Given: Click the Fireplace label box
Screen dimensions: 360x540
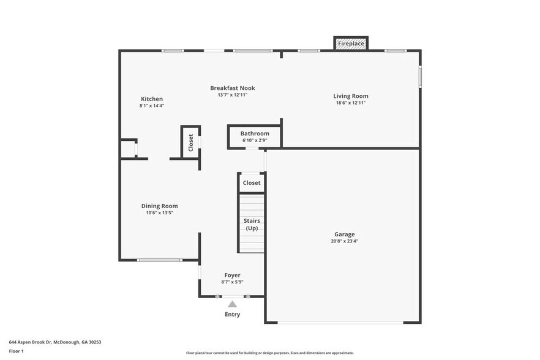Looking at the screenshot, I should click(x=351, y=43).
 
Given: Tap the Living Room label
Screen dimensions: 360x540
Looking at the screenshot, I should click(x=351, y=96).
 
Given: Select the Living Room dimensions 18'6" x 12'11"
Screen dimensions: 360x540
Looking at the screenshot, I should click(x=351, y=103).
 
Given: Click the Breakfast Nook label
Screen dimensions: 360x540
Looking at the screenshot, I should click(x=232, y=88).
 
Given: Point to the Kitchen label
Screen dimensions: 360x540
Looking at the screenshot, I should click(x=152, y=99).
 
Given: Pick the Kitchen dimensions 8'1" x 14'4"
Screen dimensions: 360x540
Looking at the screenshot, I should click(x=152, y=106).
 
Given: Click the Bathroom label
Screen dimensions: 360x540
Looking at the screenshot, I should click(x=255, y=133).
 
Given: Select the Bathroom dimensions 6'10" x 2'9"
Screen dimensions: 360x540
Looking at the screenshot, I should click(x=255, y=140).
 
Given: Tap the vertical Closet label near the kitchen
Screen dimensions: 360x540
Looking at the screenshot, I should click(x=190, y=143).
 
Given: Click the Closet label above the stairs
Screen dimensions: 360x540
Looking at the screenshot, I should click(x=252, y=182).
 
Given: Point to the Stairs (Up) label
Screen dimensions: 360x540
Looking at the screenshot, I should click(x=252, y=224).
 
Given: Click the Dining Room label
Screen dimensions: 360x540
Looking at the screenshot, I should click(x=159, y=206).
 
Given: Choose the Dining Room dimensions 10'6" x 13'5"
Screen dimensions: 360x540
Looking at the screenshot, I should click(x=159, y=213).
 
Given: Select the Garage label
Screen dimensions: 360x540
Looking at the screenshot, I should click(x=344, y=234).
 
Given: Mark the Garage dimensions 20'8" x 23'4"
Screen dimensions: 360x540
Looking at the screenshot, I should click(x=344, y=241).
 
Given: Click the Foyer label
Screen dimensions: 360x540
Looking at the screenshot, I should click(x=232, y=276).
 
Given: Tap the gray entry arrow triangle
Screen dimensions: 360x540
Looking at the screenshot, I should click(x=232, y=304).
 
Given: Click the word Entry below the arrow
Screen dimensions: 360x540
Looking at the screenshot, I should click(x=232, y=315).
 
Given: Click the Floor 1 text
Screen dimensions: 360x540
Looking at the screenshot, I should click(x=16, y=351).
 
